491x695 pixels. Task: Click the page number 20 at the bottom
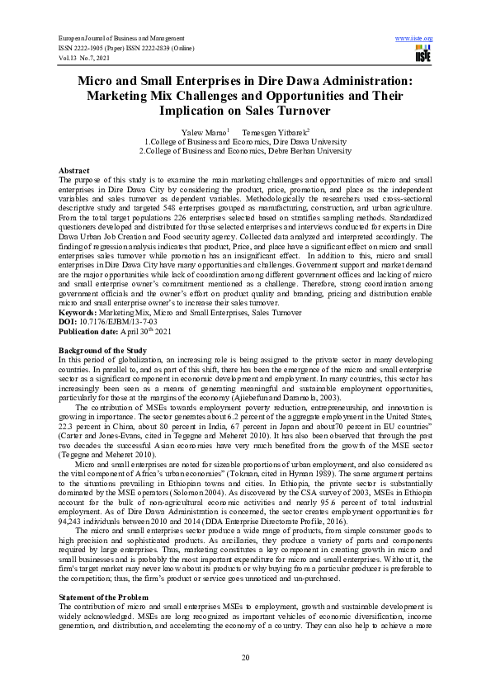(245, 656)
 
